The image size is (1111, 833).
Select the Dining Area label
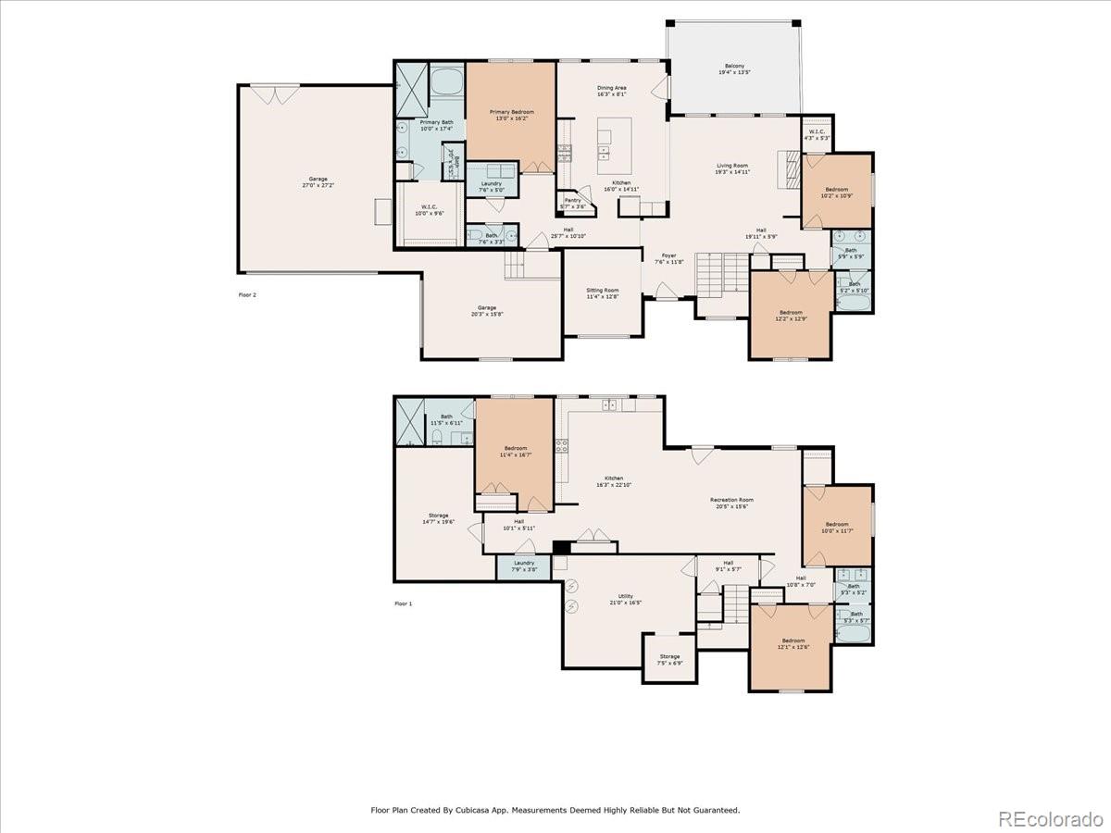coord(611,91)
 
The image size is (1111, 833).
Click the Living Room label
coord(731,168)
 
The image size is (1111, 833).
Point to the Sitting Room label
coord(602,293)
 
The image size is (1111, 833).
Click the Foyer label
coord(668,259)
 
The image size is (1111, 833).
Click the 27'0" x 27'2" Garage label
coord(318,182)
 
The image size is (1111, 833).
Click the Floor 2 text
coord(247,295)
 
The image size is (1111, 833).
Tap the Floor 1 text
coord(403,603)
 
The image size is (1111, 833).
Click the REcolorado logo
coord(1050,818)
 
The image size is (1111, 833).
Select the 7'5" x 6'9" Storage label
coord(669,660)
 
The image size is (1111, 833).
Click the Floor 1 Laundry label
coord(524,566)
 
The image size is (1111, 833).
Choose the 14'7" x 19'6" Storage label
coord(438,518)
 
